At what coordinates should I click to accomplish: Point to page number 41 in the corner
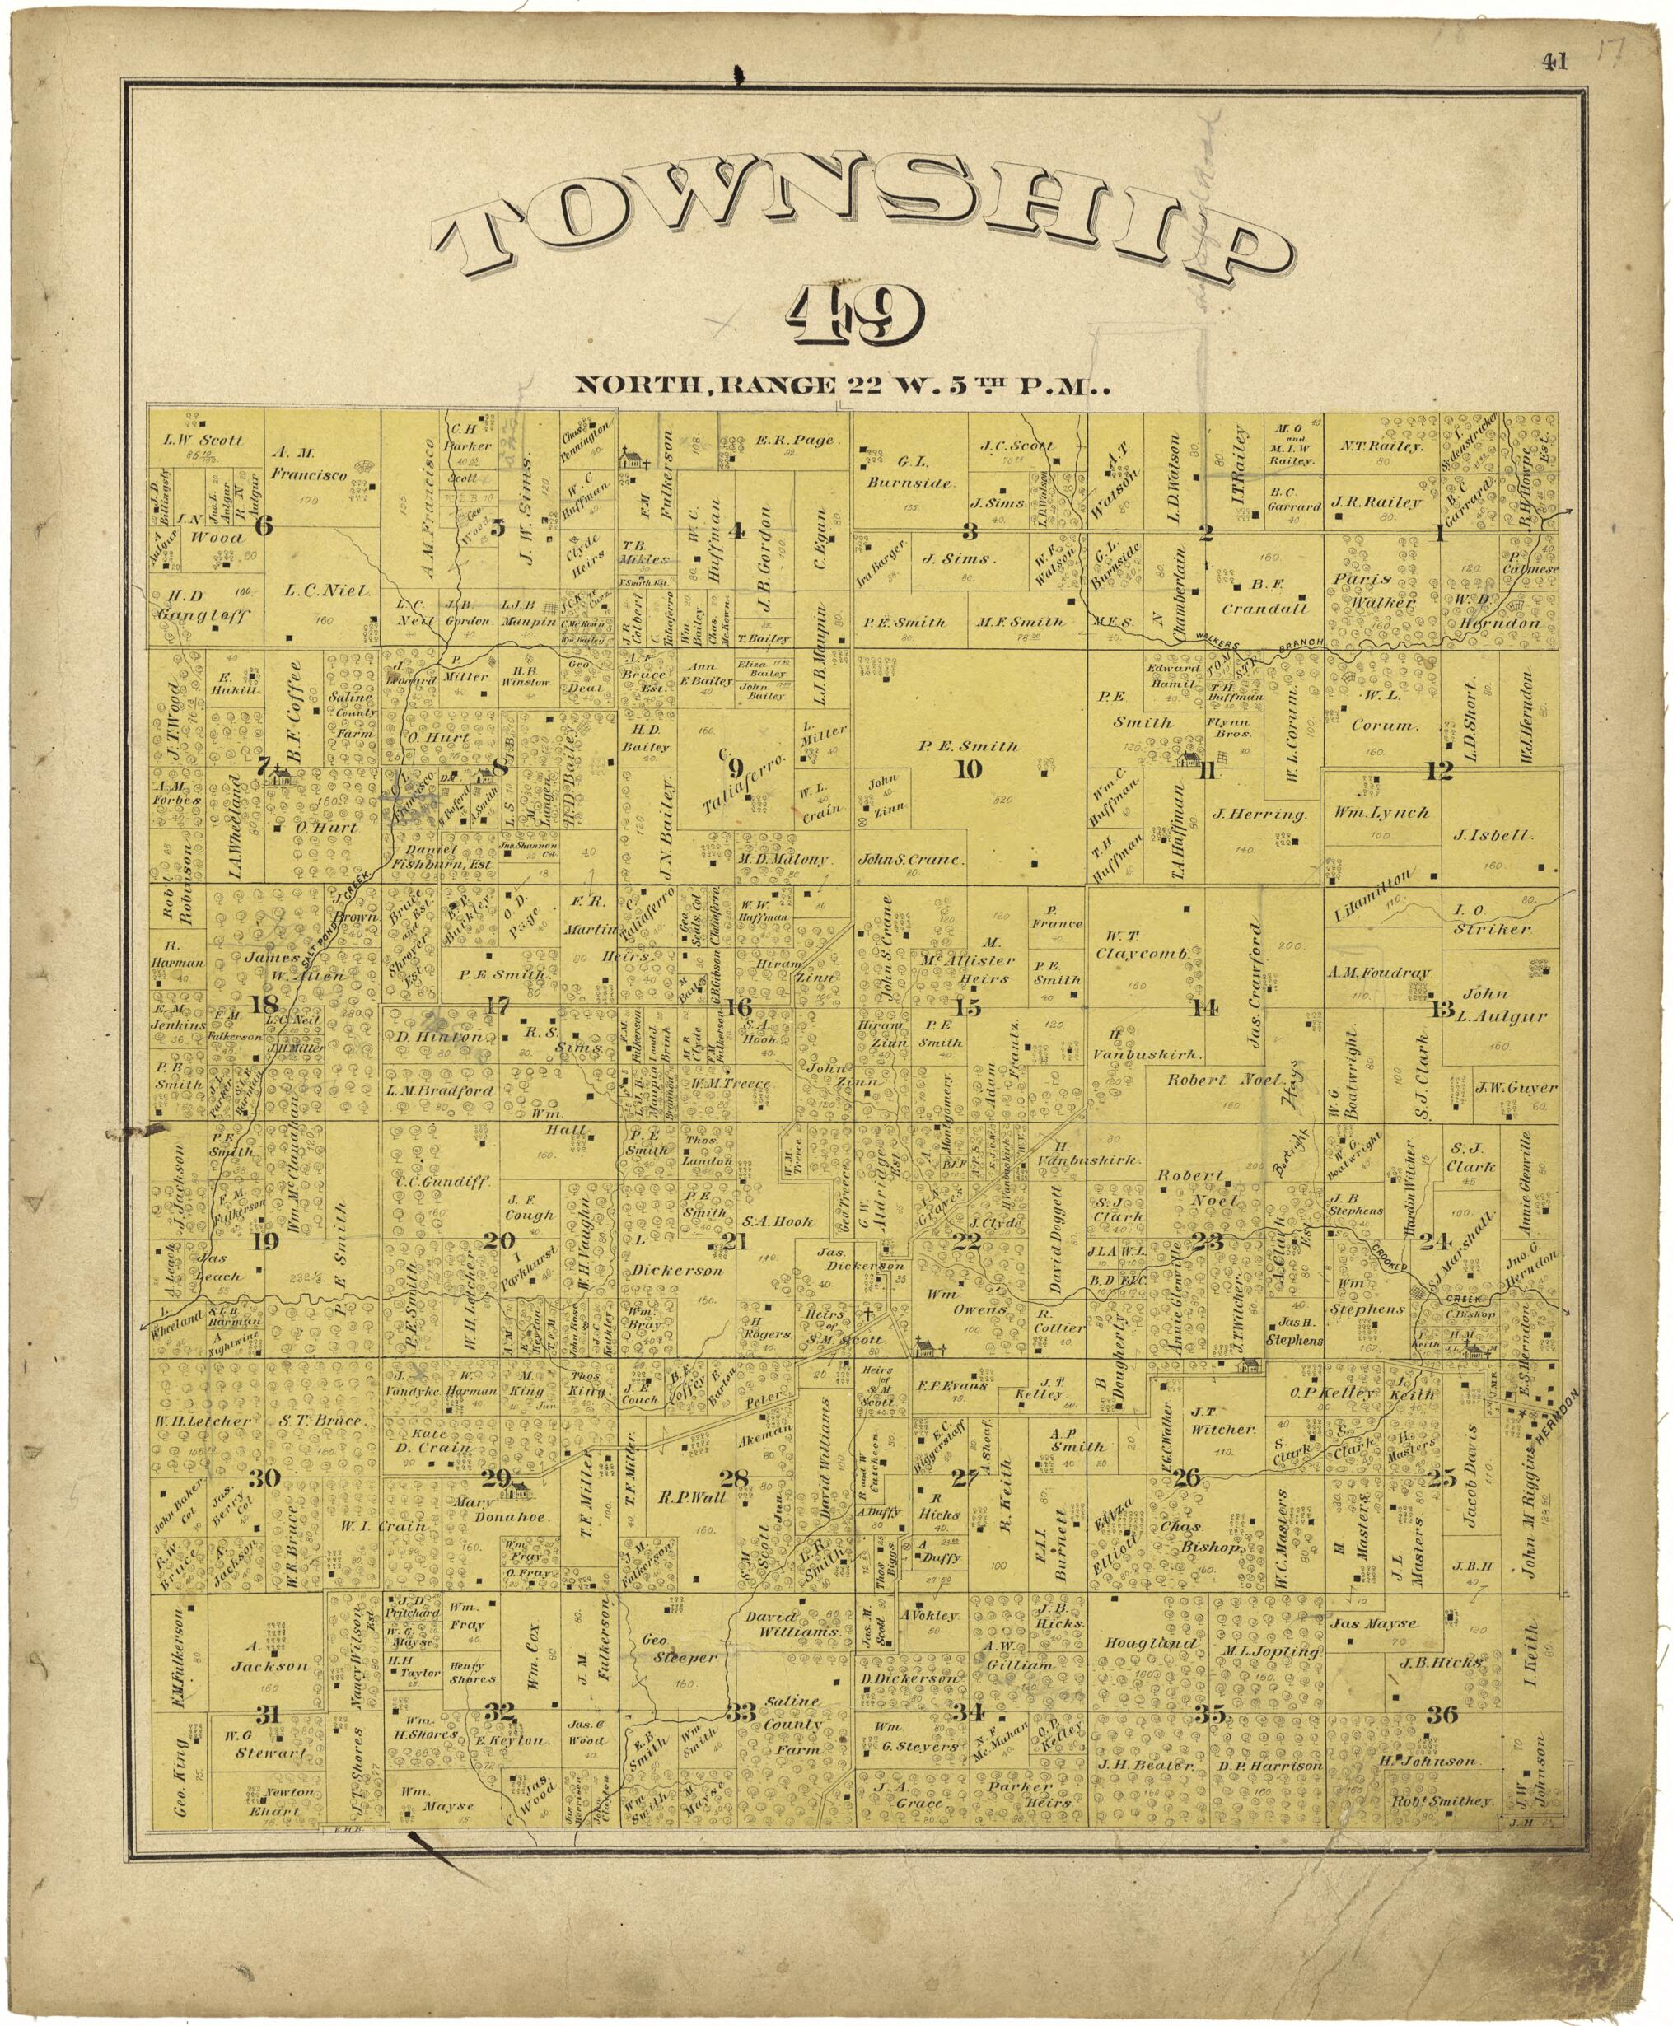tap(1554, 63)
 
